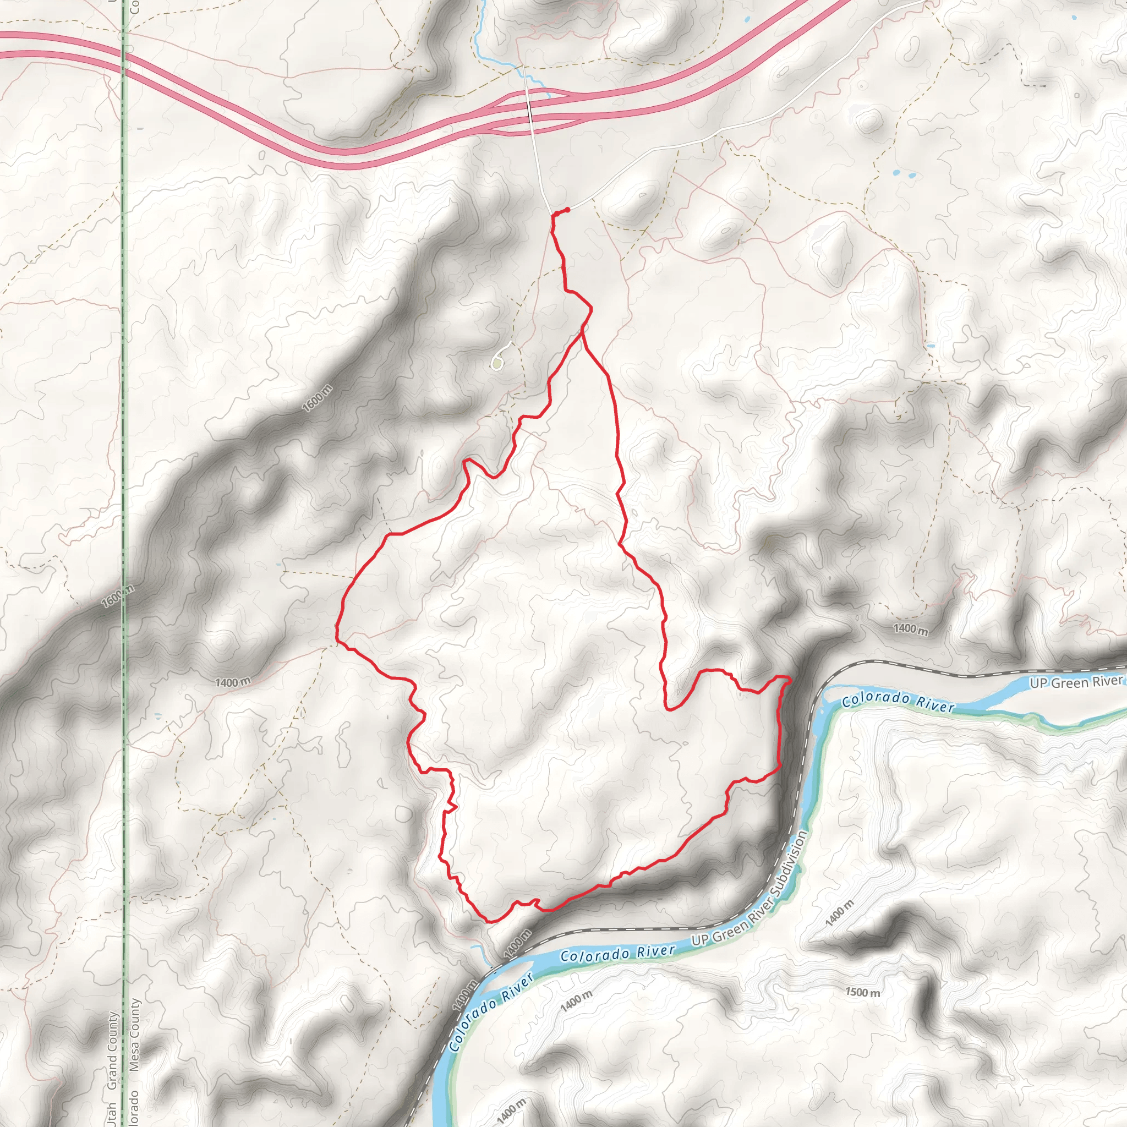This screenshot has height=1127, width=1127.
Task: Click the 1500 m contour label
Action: tap(863, 992)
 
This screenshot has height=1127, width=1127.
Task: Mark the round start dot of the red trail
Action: tap(567, 210)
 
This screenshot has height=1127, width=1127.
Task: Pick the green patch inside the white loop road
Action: tap(496, 364)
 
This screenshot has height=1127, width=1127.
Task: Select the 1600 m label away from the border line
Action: tap(318, 398)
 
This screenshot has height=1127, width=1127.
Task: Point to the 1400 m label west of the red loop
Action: tap(233, 682)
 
